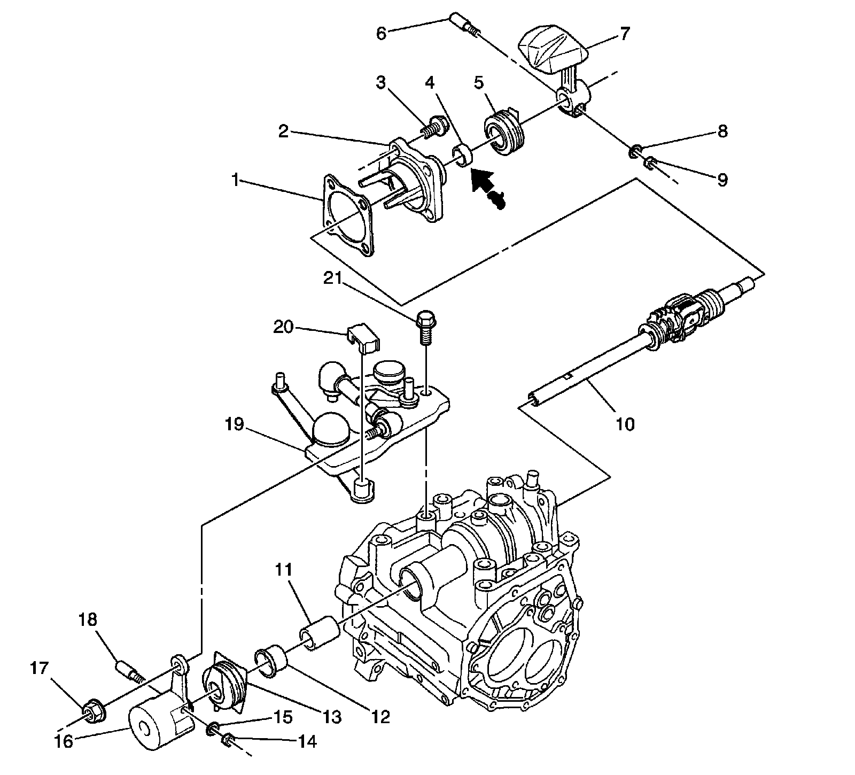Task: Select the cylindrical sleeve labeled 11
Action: click(x=320, y=631)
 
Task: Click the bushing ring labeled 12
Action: click(x=273, y=662)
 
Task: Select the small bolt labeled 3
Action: click(x=432, y=128)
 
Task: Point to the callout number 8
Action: click(x=722, y=131)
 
